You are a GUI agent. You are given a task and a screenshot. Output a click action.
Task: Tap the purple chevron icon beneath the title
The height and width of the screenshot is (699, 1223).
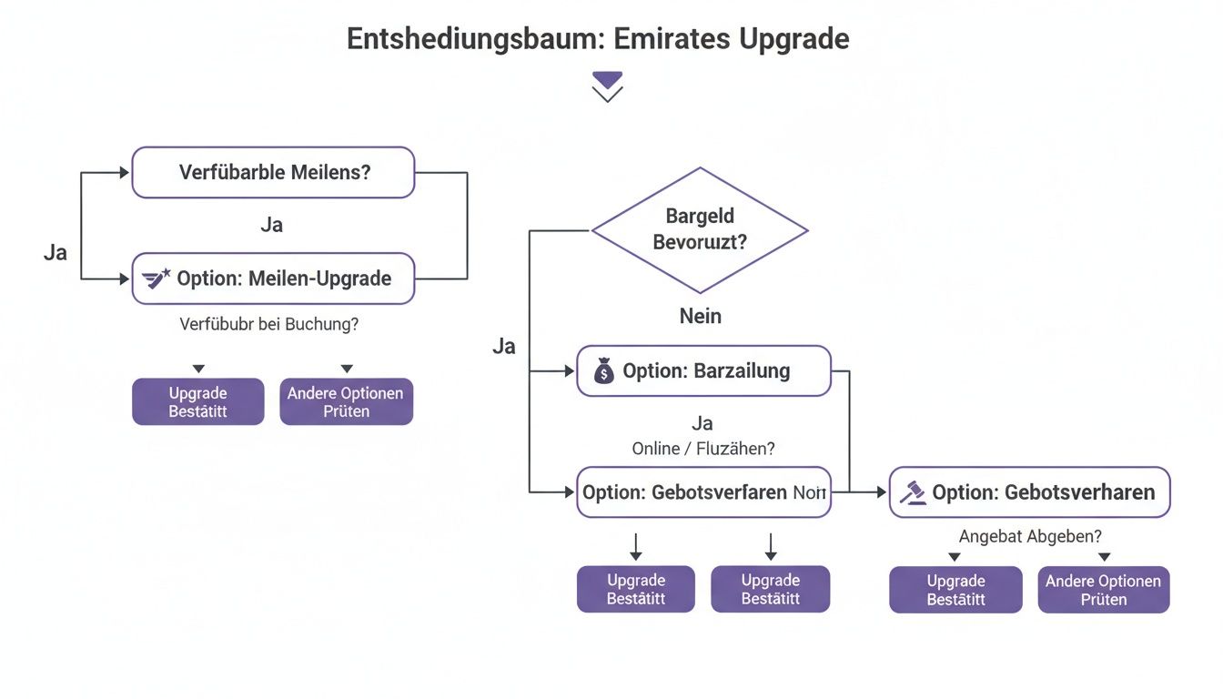pos(607,86)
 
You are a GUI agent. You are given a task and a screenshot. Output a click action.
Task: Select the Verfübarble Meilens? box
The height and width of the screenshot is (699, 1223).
pos(273,172)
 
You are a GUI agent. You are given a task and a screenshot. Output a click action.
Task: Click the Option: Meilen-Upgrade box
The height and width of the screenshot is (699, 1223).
pos(273,279)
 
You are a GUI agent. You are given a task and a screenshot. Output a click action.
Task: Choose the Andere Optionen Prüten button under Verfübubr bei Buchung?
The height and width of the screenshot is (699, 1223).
pos(346,401)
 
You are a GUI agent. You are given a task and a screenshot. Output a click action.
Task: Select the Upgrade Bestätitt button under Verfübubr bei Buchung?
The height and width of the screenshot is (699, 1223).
pos(198,401)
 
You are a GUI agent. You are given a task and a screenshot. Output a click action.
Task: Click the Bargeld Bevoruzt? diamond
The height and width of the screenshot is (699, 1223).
pos(700,229)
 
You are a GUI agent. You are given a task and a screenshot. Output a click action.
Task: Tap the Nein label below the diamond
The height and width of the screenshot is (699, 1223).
pos(700,316)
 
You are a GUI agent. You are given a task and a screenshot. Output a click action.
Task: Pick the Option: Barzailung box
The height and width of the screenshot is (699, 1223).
pos(703,370)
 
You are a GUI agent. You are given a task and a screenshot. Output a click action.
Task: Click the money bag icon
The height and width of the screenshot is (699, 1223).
pos(603,371)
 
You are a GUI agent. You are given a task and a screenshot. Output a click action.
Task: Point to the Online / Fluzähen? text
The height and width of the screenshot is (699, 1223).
pos(703,449)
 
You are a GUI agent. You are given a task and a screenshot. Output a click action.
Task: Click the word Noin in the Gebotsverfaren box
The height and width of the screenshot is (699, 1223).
pos(809,492)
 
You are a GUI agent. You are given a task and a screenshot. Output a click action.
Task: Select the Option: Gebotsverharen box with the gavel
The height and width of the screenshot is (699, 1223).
pos(1029,492)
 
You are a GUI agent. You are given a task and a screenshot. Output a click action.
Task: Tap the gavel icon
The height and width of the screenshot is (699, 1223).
pos(912,492)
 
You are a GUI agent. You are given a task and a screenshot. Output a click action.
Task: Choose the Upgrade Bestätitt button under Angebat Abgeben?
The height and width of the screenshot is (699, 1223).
pos(955,590)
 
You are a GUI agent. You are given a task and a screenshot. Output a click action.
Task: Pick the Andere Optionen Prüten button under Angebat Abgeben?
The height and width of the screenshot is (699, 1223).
pos(1103,590)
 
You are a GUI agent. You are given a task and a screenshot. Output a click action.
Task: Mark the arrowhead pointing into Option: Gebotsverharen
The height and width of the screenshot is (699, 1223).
pos(880,492)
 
